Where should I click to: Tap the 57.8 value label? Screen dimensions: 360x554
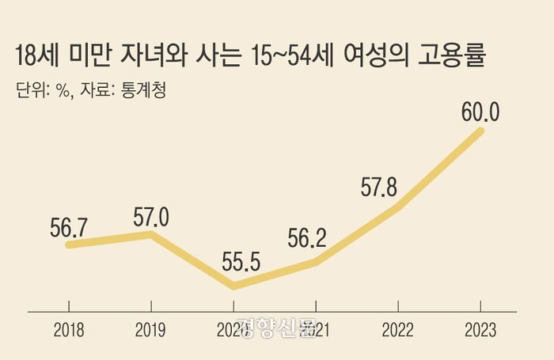[x=378, y=189]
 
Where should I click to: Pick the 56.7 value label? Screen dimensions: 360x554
[x=68, y=225]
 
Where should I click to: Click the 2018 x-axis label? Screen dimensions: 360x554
[x=69, y=331]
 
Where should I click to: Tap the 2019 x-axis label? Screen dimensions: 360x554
[x=151, y=331]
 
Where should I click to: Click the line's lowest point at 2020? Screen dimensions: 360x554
[x=233, y=286]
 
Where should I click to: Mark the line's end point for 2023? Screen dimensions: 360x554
[x=480, y=131]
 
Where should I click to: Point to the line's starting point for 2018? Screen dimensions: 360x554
[x=69, y=244]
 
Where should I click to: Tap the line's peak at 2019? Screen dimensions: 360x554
[x=151, y=235]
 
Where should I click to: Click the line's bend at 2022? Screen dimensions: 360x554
[x=398, y=207]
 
